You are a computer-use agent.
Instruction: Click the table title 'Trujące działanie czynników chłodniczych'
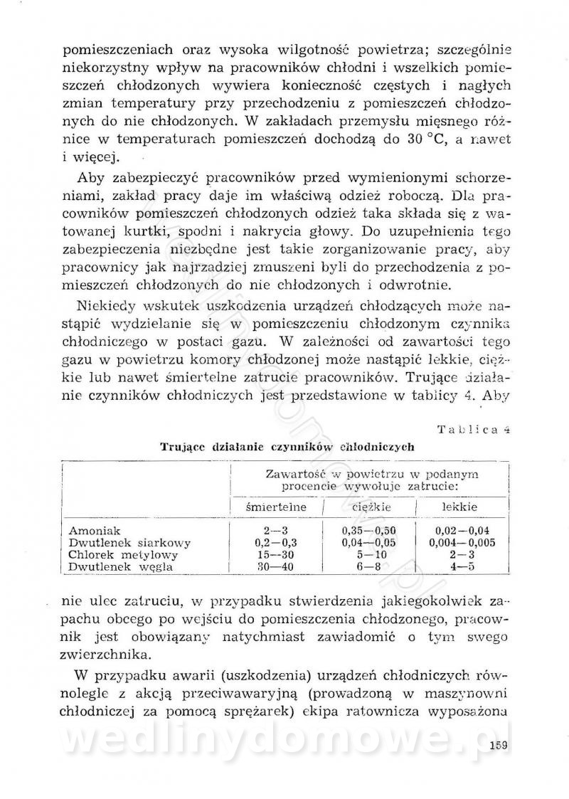pyautogui.click(x=287, y=447)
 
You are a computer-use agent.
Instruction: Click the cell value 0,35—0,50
pyautogui.click(x=368, y=530)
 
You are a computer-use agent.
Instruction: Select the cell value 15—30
pyautogui.click(x=275, y=554)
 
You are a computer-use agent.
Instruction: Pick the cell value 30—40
pyautogui.click(x=275, y=566)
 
